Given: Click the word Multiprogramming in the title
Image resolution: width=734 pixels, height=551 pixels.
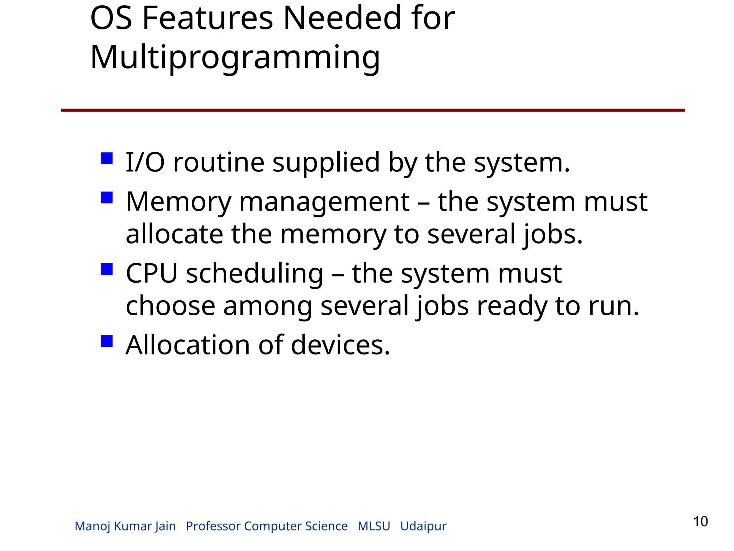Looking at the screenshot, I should [x=235, y=57].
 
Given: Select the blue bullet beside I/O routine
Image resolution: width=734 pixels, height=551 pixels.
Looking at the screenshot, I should [x=107, y=158].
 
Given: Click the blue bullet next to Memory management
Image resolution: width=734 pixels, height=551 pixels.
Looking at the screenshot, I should [x=107, y=197].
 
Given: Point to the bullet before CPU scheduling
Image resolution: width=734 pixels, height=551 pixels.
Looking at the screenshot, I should [x=107, y=269].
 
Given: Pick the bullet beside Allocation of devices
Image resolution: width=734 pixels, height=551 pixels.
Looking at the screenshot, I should [x=107, y=341].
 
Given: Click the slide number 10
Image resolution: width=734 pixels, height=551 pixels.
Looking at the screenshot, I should [x=700, y=522].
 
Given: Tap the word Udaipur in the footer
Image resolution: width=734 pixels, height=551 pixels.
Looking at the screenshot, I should [x=423, y=526].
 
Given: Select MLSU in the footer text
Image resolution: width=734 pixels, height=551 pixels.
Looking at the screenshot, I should [x=374, y=526].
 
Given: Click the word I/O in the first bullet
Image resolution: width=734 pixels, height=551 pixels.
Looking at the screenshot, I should [x=145, y=163].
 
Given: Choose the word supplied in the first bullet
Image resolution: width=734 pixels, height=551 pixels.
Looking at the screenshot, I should [x=326, y=163].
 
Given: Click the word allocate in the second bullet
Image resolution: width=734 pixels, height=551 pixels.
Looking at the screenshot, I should [x=175, y=234].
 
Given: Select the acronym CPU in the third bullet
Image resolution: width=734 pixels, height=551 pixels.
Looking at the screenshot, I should [x=152, y=273].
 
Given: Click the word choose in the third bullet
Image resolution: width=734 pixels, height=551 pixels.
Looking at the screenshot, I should [x=170, y=306].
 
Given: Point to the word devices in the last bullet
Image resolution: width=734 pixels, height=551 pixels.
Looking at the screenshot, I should [x=340, y=345].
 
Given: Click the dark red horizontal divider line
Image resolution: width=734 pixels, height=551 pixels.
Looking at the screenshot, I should [x=373, y=110].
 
